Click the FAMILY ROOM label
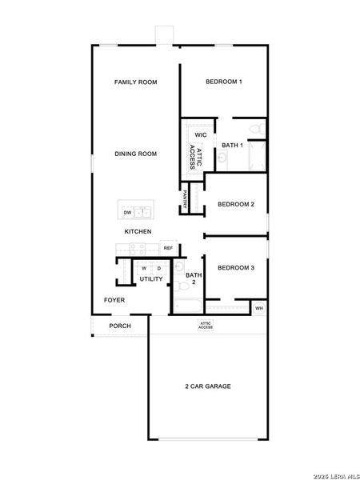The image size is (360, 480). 134,82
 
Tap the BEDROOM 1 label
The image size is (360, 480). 224,82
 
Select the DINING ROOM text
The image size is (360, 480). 135,154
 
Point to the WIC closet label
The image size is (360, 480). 201,135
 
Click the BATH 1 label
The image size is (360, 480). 232,145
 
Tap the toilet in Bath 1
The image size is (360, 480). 255,129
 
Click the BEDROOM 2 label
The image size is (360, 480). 236,204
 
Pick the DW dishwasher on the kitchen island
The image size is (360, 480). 127,213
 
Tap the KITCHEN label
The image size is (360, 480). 138,231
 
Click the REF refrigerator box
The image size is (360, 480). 168,248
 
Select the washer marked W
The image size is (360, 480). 145,268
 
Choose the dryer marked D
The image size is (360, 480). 158,268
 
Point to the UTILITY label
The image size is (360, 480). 151,279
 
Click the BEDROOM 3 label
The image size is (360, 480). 236,267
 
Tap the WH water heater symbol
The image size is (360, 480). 258,308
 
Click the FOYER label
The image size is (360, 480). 114,300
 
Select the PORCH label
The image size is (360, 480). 120,326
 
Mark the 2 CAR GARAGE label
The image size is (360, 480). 208,386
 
